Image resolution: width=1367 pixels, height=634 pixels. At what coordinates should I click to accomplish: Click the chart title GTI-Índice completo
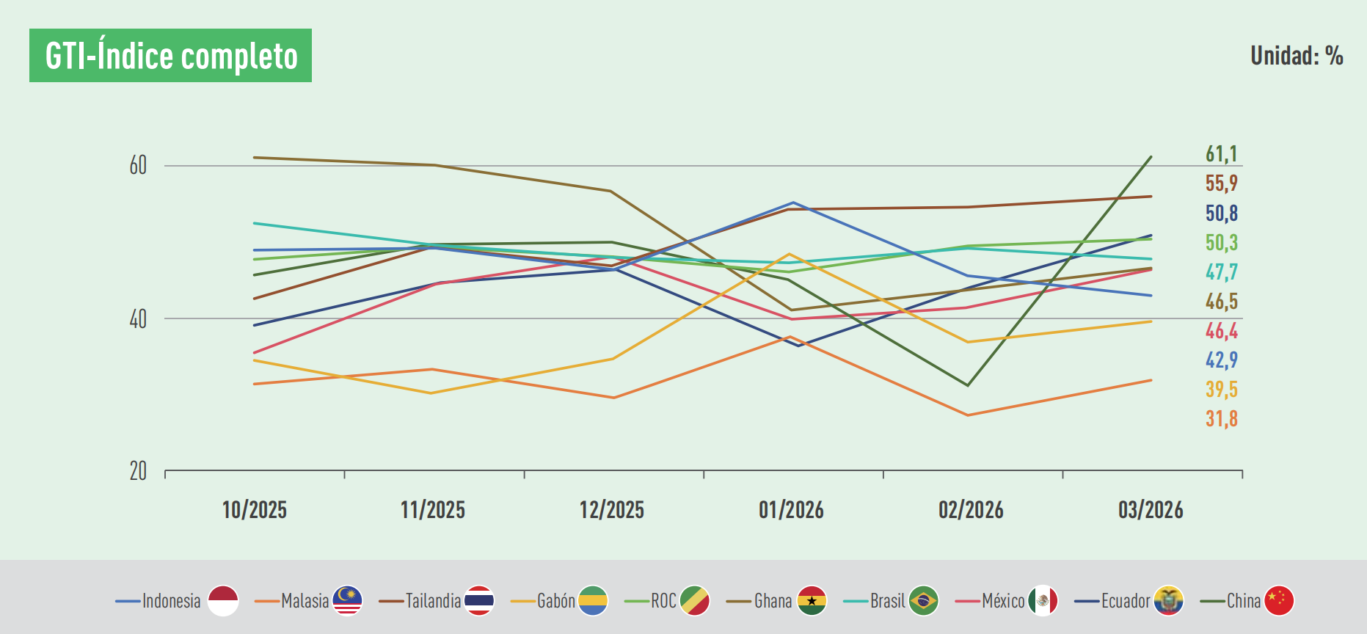pos(170,56)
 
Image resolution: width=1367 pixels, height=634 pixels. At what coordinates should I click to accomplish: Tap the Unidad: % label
pos(1296,56)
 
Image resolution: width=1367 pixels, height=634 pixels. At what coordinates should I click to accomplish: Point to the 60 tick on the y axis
pos(138,166)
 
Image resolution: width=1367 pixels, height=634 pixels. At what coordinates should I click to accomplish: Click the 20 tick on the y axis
pos(138,471)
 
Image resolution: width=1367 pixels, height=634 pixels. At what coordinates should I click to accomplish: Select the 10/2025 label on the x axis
pos(254,510)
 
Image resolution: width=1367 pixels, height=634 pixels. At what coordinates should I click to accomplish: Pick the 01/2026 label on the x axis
pos(791,510)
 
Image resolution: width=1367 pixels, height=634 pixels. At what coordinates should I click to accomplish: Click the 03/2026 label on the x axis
pos(1150,510)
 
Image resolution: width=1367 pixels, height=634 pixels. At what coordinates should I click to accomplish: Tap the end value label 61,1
pos(1221,154)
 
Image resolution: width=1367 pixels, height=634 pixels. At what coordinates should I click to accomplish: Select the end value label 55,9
pos(1221,183)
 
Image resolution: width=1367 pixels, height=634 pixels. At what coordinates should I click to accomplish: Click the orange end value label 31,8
pos(1221,419)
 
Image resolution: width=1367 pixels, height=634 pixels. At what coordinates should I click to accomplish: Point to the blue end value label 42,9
pos(1221,360)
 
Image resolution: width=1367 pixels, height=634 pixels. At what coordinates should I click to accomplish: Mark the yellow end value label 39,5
pos(1221,390)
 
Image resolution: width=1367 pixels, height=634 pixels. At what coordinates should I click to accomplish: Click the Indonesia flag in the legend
pos(223,601)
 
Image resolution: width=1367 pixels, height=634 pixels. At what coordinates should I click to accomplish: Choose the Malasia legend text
pos(305,601)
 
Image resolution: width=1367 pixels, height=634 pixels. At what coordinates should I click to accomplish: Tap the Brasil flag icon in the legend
pos(923,601)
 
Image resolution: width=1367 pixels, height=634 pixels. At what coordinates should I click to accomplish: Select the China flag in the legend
pos(1279,601)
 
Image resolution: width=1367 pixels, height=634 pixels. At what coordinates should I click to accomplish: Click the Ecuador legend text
pos(1125,601)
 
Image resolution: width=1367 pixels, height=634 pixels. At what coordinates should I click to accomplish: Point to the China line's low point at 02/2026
pos(968,385)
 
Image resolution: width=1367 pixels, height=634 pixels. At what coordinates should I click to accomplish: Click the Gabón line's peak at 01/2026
pos(790,255)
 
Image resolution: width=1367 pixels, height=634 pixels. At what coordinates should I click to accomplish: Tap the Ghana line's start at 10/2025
pos(254,157)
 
